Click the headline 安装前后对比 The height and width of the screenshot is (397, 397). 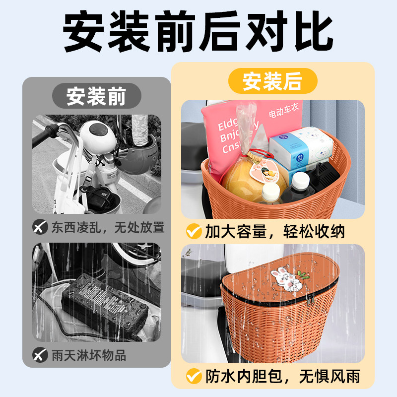[x=198, y=33]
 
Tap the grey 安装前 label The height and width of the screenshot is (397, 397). [x=97, y=96]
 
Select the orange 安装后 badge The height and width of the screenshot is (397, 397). [x=272, y=81]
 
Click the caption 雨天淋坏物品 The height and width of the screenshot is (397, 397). [x=89, y=355]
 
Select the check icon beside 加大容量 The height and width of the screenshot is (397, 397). [x=191, y=231]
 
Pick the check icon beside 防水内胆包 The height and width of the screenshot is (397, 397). [x=191, y=377]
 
